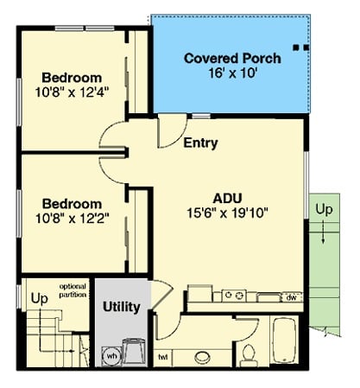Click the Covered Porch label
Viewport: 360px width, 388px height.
pos(232,59)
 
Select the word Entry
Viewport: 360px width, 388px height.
pos(200,143)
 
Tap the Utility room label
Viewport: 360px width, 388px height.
pos(121,306)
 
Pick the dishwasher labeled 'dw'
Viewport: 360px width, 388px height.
pos(292,296)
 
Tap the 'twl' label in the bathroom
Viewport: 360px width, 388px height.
pos(161,356)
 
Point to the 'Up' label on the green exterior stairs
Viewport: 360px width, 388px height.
pos(323,210)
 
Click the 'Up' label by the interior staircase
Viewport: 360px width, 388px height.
pos(39,298)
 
